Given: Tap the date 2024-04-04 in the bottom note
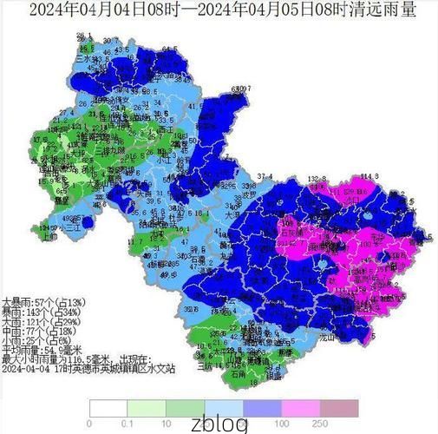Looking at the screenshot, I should click(x=26, y=369).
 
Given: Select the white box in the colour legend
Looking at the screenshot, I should click(x=108, y=408).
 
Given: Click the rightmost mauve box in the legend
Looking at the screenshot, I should click(x=339, y=408).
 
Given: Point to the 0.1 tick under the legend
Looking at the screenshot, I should click(x=127, y=423).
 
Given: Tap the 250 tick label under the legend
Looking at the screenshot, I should click(x=320, y=423).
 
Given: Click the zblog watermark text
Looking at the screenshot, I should click(x=219, y=424).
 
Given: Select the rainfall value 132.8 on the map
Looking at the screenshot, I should click(x=317, y=178).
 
